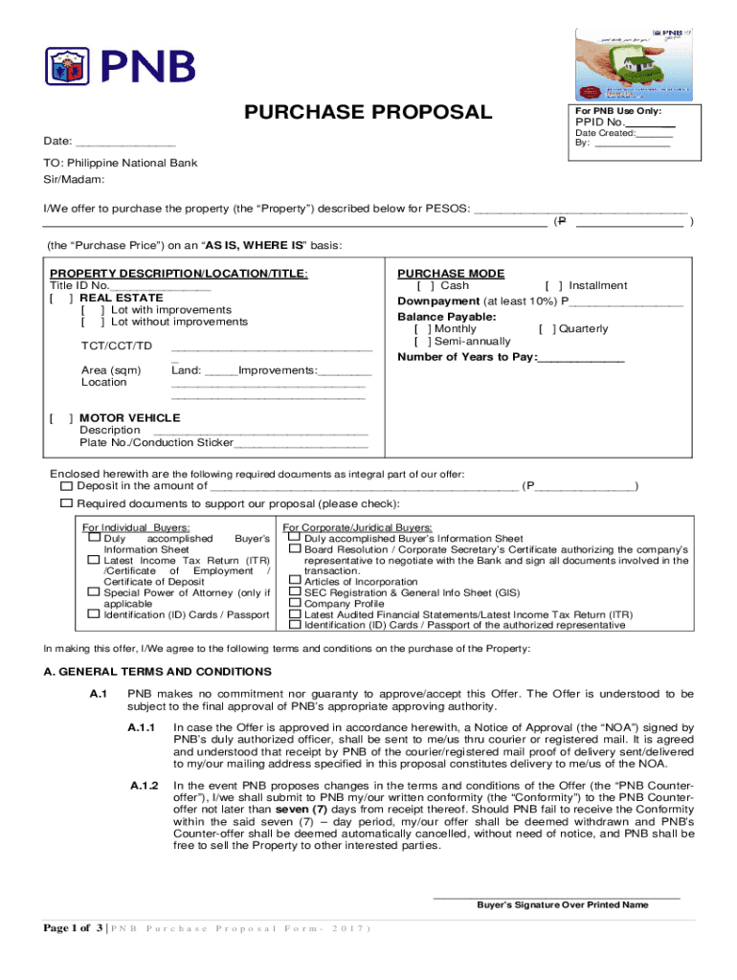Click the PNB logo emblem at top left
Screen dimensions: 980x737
(69, 66)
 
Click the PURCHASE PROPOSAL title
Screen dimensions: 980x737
(368, 113)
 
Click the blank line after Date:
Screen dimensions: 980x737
(125, 143)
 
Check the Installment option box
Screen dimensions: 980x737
(553, 286)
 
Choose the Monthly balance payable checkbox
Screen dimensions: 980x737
(421, 329)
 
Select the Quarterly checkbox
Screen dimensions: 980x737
(547, 329)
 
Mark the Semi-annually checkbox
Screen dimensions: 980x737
(421, 342)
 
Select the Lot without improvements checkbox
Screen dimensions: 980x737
(94, 323)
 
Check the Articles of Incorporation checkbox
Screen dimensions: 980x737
(295, 580)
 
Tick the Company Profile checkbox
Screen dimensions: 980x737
(295, 603)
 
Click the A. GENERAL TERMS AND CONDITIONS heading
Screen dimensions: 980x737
(158, 672)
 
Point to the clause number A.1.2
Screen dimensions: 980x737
(143, 786)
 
